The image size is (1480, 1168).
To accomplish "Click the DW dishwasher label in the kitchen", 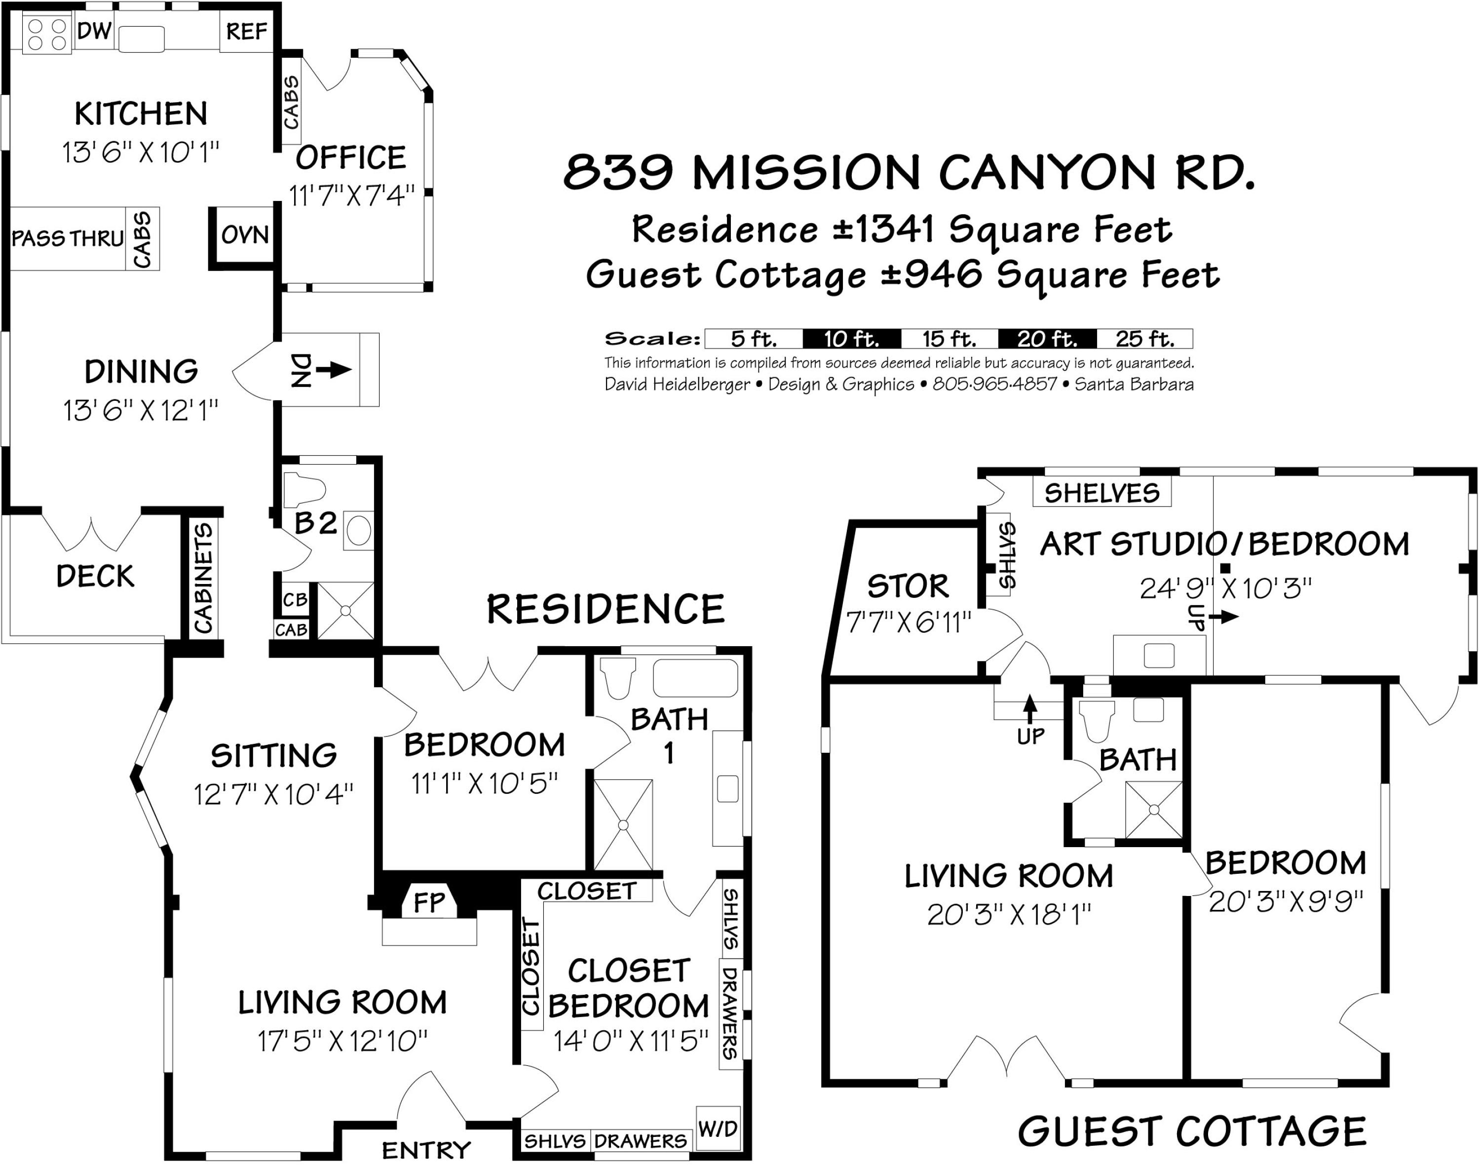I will point(94,31).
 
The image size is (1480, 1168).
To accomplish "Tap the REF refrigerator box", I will point(246,32).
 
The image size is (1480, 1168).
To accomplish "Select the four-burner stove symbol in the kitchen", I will point(47,34).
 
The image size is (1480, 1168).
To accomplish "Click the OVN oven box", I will point(245,235).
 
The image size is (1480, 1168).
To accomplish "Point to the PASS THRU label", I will point(67,238).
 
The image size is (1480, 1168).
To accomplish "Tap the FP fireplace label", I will point(429,903).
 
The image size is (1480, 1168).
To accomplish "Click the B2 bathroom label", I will point(316,523).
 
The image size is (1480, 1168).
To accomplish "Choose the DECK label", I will point(95,577).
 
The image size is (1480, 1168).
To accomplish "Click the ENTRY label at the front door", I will point(426,1150).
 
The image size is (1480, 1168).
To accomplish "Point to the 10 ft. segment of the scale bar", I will point(851,339).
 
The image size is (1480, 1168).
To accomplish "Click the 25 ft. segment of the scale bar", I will point(1144,339).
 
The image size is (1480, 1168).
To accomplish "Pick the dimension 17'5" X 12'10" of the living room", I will point(342,1042).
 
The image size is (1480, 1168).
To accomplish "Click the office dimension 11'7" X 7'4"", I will point(351,196).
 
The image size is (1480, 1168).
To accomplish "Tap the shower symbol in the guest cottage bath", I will point(1153,810).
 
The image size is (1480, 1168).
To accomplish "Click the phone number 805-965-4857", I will point(994,385).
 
